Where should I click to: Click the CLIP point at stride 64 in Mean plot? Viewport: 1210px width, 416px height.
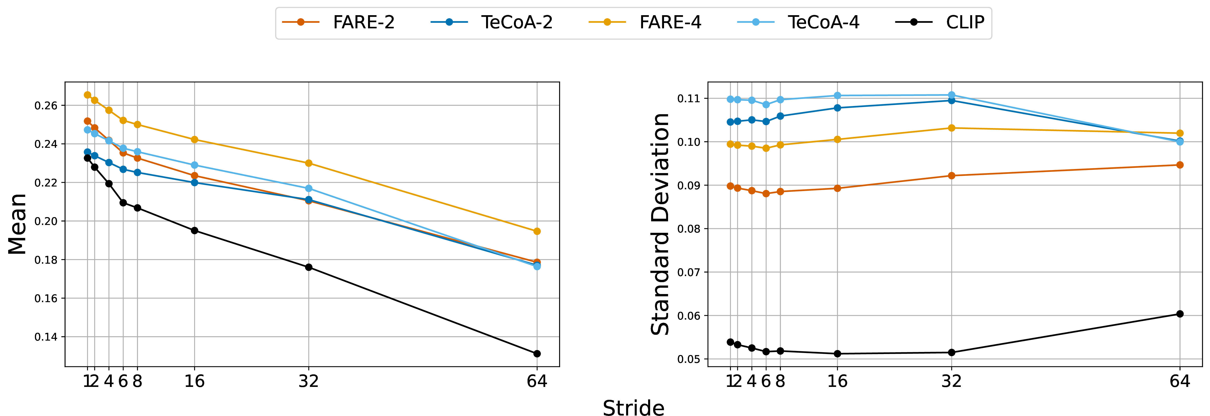[537, 353]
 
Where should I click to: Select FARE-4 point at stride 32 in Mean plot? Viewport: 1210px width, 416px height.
[309, 163]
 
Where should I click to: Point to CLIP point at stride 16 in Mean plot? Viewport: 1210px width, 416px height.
[194, 230]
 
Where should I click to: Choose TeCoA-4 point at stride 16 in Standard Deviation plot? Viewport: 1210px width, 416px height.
[837, 95]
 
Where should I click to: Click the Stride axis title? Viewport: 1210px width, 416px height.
[634, 407]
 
